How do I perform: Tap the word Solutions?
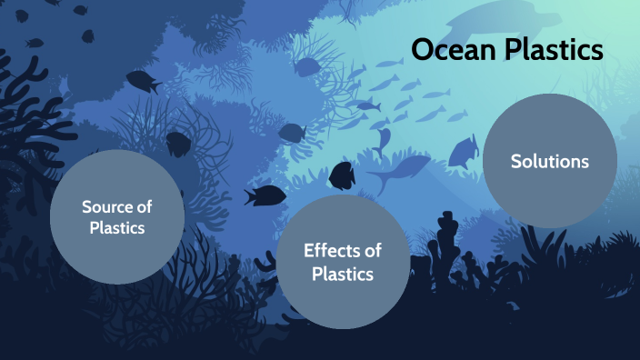coord(549,162)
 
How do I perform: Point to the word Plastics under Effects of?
coord(343,273)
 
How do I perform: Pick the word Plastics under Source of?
coord(117,228)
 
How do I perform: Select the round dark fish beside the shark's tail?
coord(342,174)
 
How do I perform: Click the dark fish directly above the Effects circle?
coord(265,194)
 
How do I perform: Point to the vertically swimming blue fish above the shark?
coord(383,139)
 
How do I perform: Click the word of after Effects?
coord(373,250)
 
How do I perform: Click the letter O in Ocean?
coord(423,49)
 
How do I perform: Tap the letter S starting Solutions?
coord(515,162)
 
